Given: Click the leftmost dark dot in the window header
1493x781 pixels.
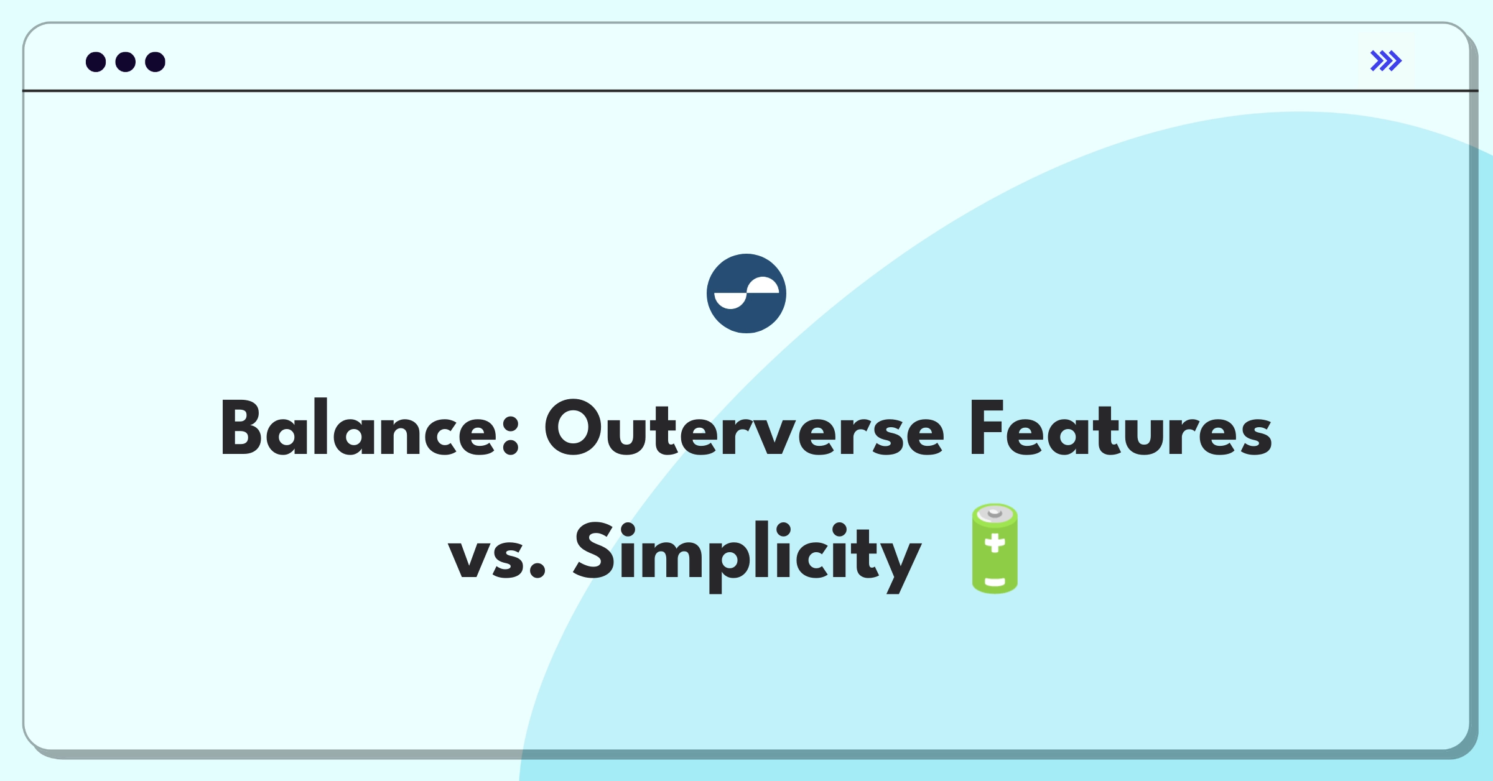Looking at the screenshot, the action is point(96,62).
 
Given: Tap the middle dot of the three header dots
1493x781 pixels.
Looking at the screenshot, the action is point(126,62).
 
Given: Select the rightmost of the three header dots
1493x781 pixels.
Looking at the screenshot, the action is point(156,62).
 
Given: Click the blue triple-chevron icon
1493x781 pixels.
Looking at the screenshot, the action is point(1386,60).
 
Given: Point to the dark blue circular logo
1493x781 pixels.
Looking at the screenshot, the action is point(746,293).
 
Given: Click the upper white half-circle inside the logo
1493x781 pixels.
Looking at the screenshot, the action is point(763,285).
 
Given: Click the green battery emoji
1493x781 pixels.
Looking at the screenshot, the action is point(995,548).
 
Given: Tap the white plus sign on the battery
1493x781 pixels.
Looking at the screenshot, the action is point(995,543).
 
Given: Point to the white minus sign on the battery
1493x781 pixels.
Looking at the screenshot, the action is point(995,583).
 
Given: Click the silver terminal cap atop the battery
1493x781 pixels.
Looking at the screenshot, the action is point(995,513).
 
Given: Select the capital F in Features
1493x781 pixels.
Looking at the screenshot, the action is point(987,428).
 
